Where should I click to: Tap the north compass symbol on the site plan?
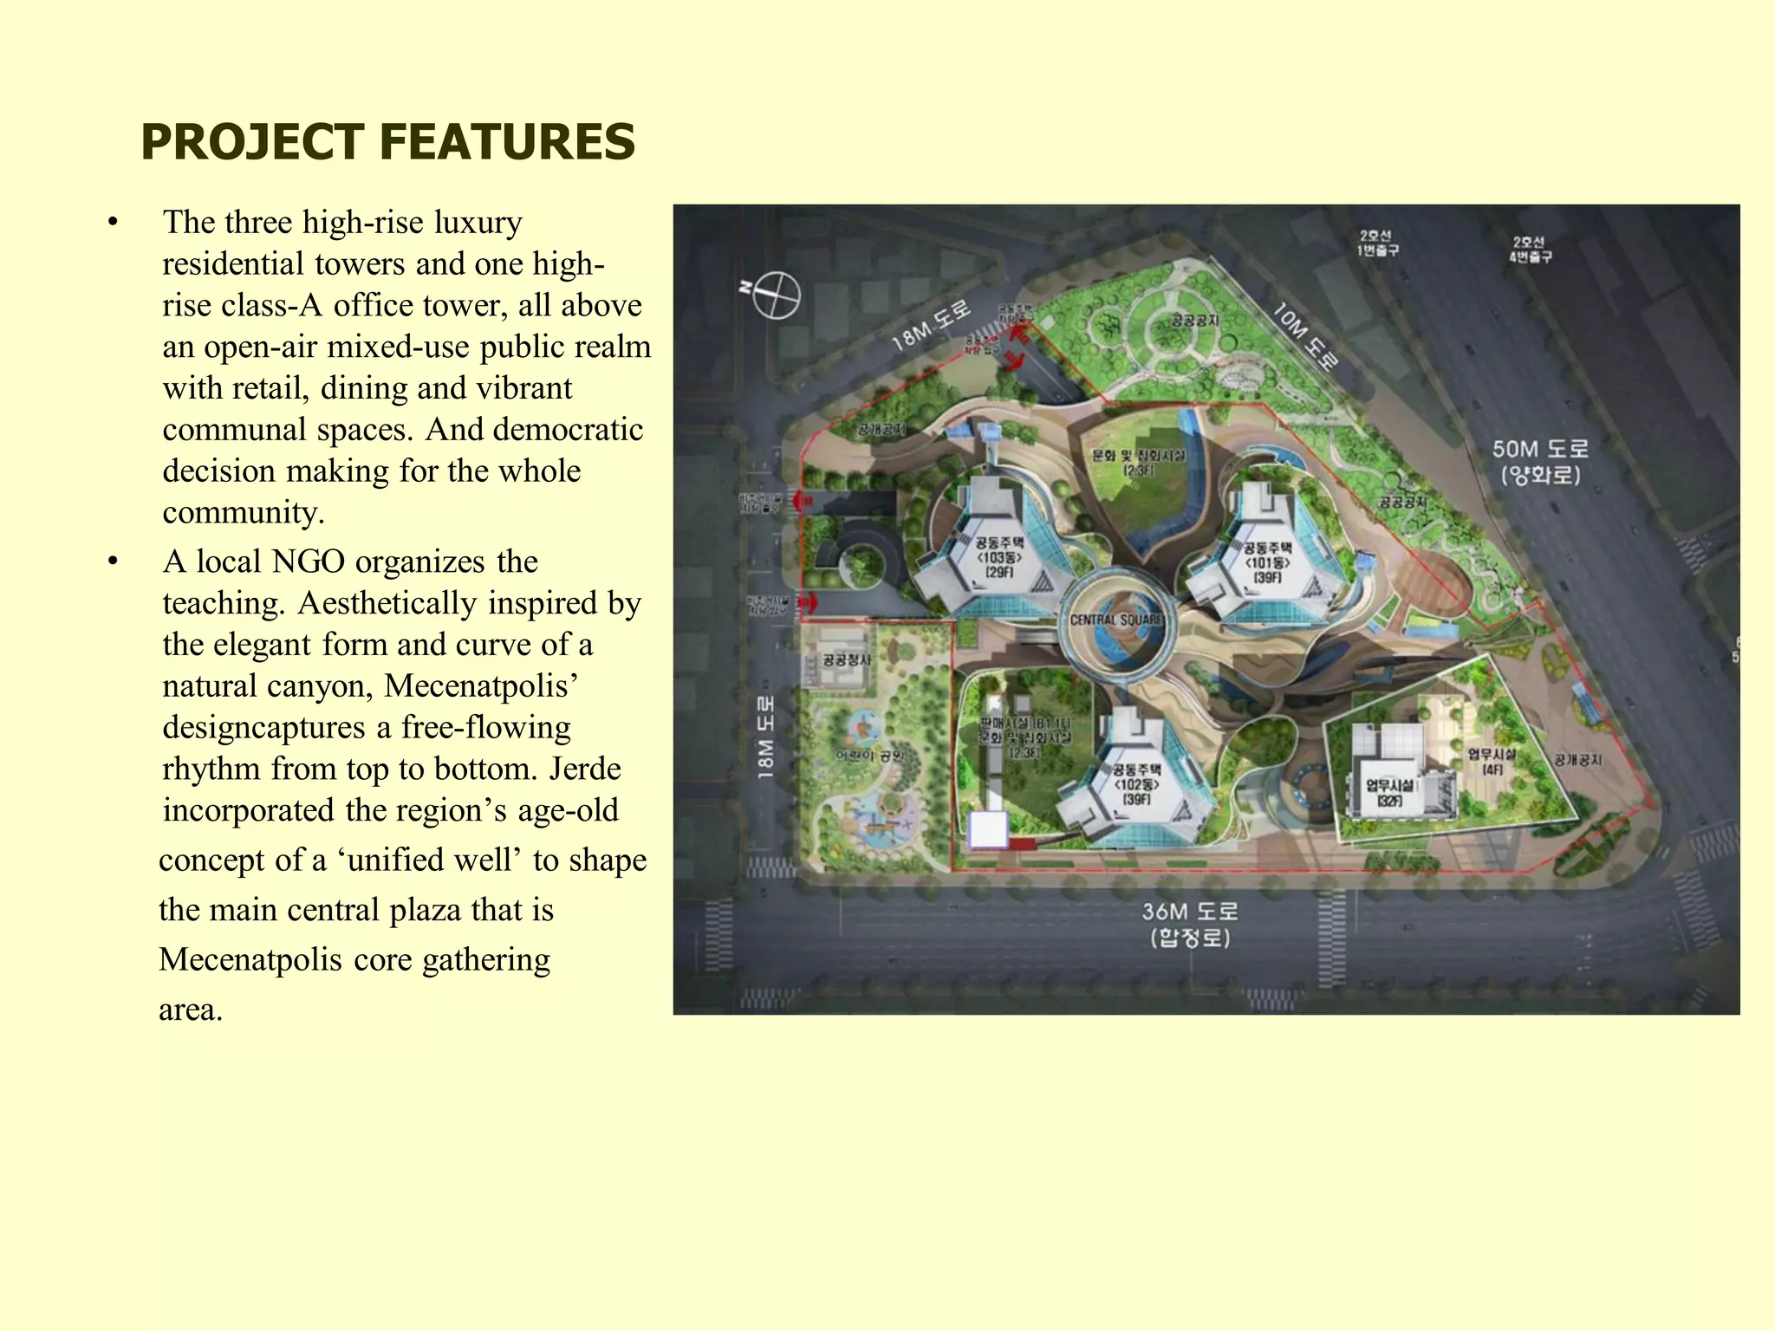click(x=774, y=295)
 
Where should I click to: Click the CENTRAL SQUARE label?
click(x=1115, y=620)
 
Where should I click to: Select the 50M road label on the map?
click(x=1540, y=462)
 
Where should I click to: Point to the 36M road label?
click(x=1189, y=924)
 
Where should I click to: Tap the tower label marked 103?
click(x=999, y=557)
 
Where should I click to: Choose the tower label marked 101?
click(x=1267, y=562)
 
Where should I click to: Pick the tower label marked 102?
click(x=1136, y=784)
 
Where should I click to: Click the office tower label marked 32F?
click(x=1389, y=793)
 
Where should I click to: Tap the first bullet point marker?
click(x=113, y=223)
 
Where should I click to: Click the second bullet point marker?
click(x=113, y=562)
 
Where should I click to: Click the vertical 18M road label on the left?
click(x=765, y=737)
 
